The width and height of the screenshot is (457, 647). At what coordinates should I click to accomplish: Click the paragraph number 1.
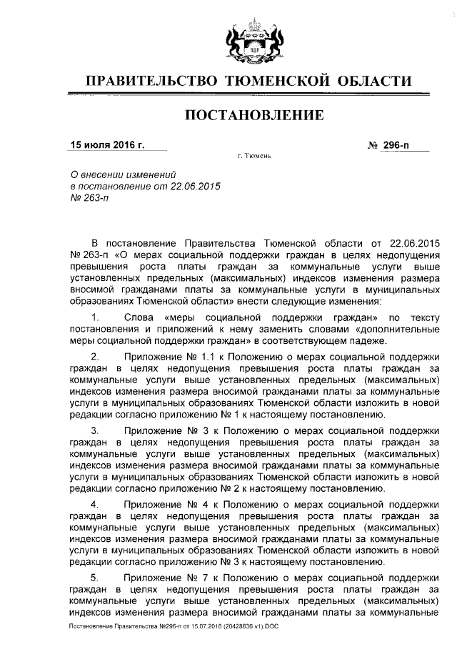96,316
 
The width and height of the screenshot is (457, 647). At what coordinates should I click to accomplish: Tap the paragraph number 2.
96,355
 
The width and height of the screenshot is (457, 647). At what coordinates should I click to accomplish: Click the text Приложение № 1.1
164,355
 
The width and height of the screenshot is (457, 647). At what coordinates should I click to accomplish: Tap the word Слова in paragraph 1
139,316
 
